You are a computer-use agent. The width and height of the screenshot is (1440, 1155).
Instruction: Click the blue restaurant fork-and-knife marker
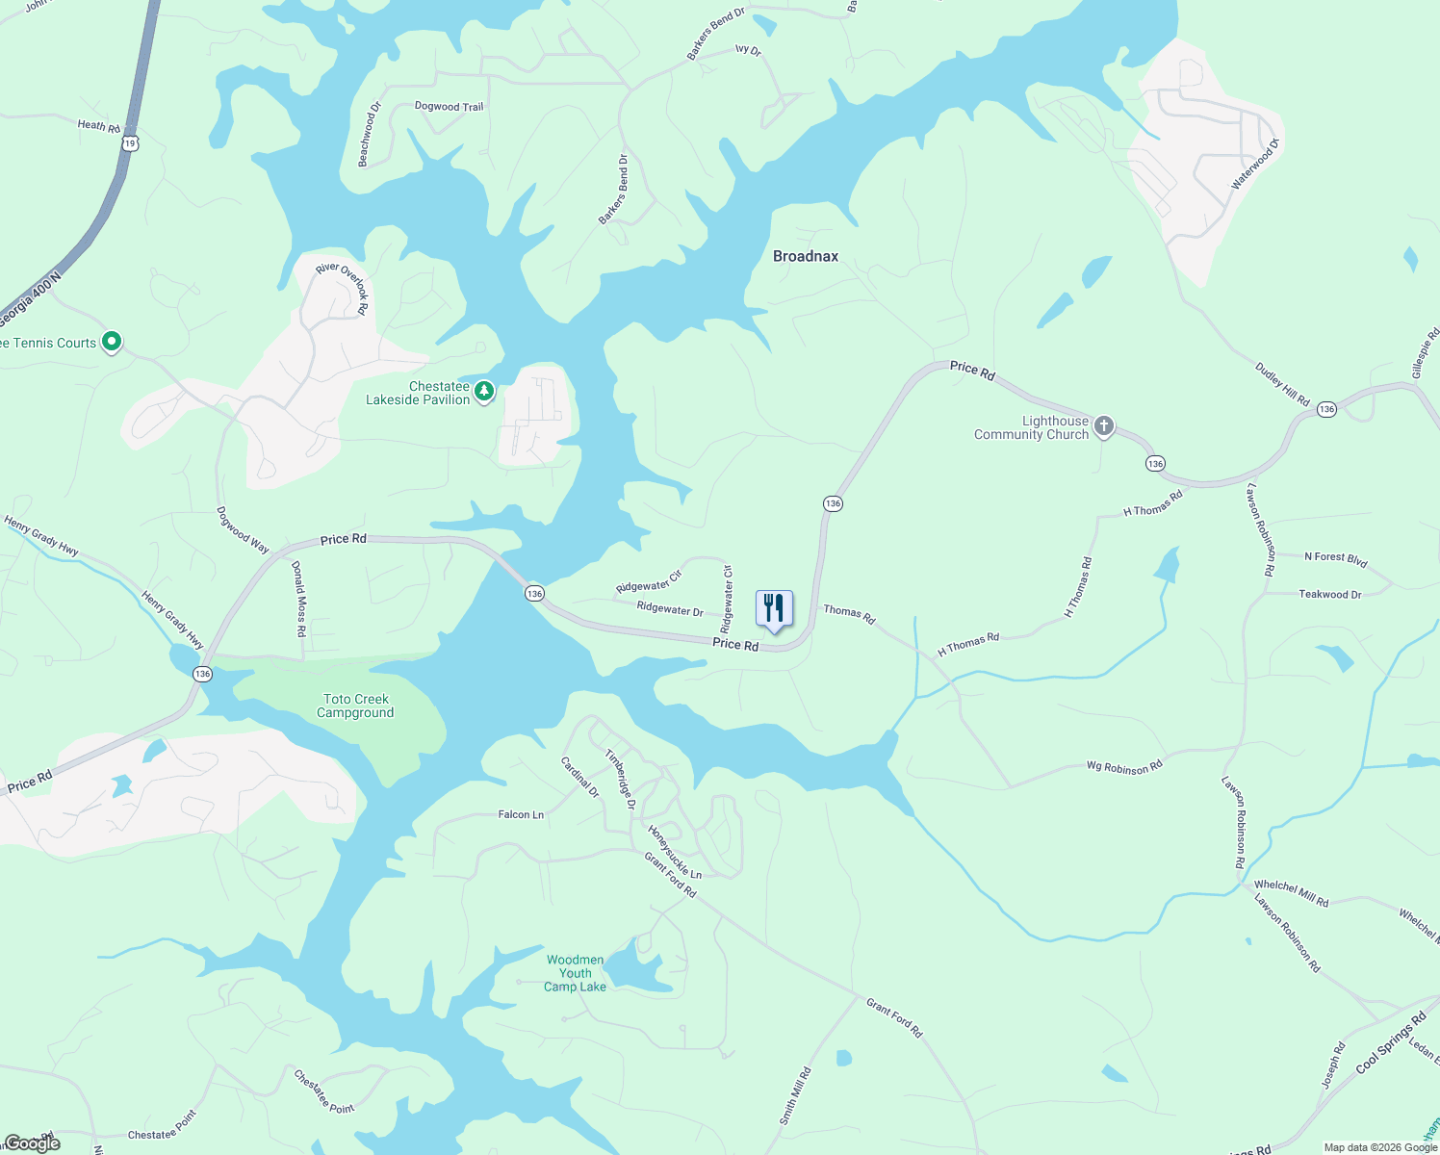774,609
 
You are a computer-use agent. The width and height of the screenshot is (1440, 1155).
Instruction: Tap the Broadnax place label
806,256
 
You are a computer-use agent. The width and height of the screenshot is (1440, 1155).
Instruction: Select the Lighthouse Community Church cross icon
1104,426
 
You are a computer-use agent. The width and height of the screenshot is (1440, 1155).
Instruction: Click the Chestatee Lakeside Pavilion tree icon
484,392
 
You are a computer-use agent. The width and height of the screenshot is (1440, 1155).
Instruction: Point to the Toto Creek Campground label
355,706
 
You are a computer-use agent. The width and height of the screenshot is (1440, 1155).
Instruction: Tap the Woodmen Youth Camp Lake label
575,973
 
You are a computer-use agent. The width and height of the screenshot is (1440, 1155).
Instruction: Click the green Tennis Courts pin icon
112,341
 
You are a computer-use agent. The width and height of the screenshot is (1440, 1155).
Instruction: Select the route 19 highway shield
131,142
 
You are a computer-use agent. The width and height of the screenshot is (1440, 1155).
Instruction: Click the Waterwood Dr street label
1255,164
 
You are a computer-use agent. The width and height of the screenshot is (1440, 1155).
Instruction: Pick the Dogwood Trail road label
449,107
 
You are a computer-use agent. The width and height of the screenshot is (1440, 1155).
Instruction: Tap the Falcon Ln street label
521,814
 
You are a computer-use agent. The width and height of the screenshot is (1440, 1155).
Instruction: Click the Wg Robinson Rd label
1124,767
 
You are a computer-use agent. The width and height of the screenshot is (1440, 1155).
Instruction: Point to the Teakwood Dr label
1330,594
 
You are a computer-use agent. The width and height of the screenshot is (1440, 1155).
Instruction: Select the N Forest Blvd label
1335,557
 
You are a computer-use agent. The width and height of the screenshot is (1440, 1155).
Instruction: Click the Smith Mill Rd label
795,1096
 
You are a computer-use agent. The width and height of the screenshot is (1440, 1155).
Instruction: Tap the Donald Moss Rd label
299,600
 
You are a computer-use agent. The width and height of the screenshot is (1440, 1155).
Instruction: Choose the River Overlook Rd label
343,286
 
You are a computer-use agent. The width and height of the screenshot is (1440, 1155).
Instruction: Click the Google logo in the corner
32,1142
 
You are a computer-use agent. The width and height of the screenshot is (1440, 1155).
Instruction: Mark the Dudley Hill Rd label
1282,383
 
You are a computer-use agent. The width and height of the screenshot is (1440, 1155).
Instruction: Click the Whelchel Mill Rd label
1291,893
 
